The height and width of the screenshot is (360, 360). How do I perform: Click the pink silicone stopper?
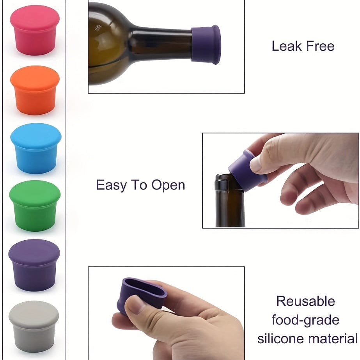pyautogui.click(x=35, y=30)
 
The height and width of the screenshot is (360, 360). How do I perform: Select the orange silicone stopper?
pyautogui.click(x=35, y=90)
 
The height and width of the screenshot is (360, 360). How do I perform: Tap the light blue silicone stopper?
pyautogui.click(x=36, y=148)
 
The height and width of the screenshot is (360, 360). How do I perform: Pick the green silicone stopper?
pyautogui.click(x=35, y=206)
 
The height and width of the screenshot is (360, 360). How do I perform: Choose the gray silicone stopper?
pyautogui.click(x=34, y=326)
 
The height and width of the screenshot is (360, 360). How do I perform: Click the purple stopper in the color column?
pyautogui.click(x=34, y=265)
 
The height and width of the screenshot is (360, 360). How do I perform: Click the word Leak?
pyautogui.click(x=287, y=46)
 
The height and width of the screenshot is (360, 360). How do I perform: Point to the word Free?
pyautogui.click(x=320, y=46)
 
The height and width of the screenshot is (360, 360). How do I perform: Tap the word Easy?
pyautogui.click(x=111, y=185)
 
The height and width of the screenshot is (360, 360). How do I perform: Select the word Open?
pyautogui.click(x=168, y=186)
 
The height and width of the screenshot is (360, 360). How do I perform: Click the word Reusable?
pyautogui.click(x=305, y=301)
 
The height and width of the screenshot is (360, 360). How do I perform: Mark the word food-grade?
pyautogui.click(x=305, y=320)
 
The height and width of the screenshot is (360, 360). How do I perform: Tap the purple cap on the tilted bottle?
pyautogui.click(x=206, y=44)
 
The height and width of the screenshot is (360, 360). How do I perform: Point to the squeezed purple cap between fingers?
pyautogui.click(x=141, y=294)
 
